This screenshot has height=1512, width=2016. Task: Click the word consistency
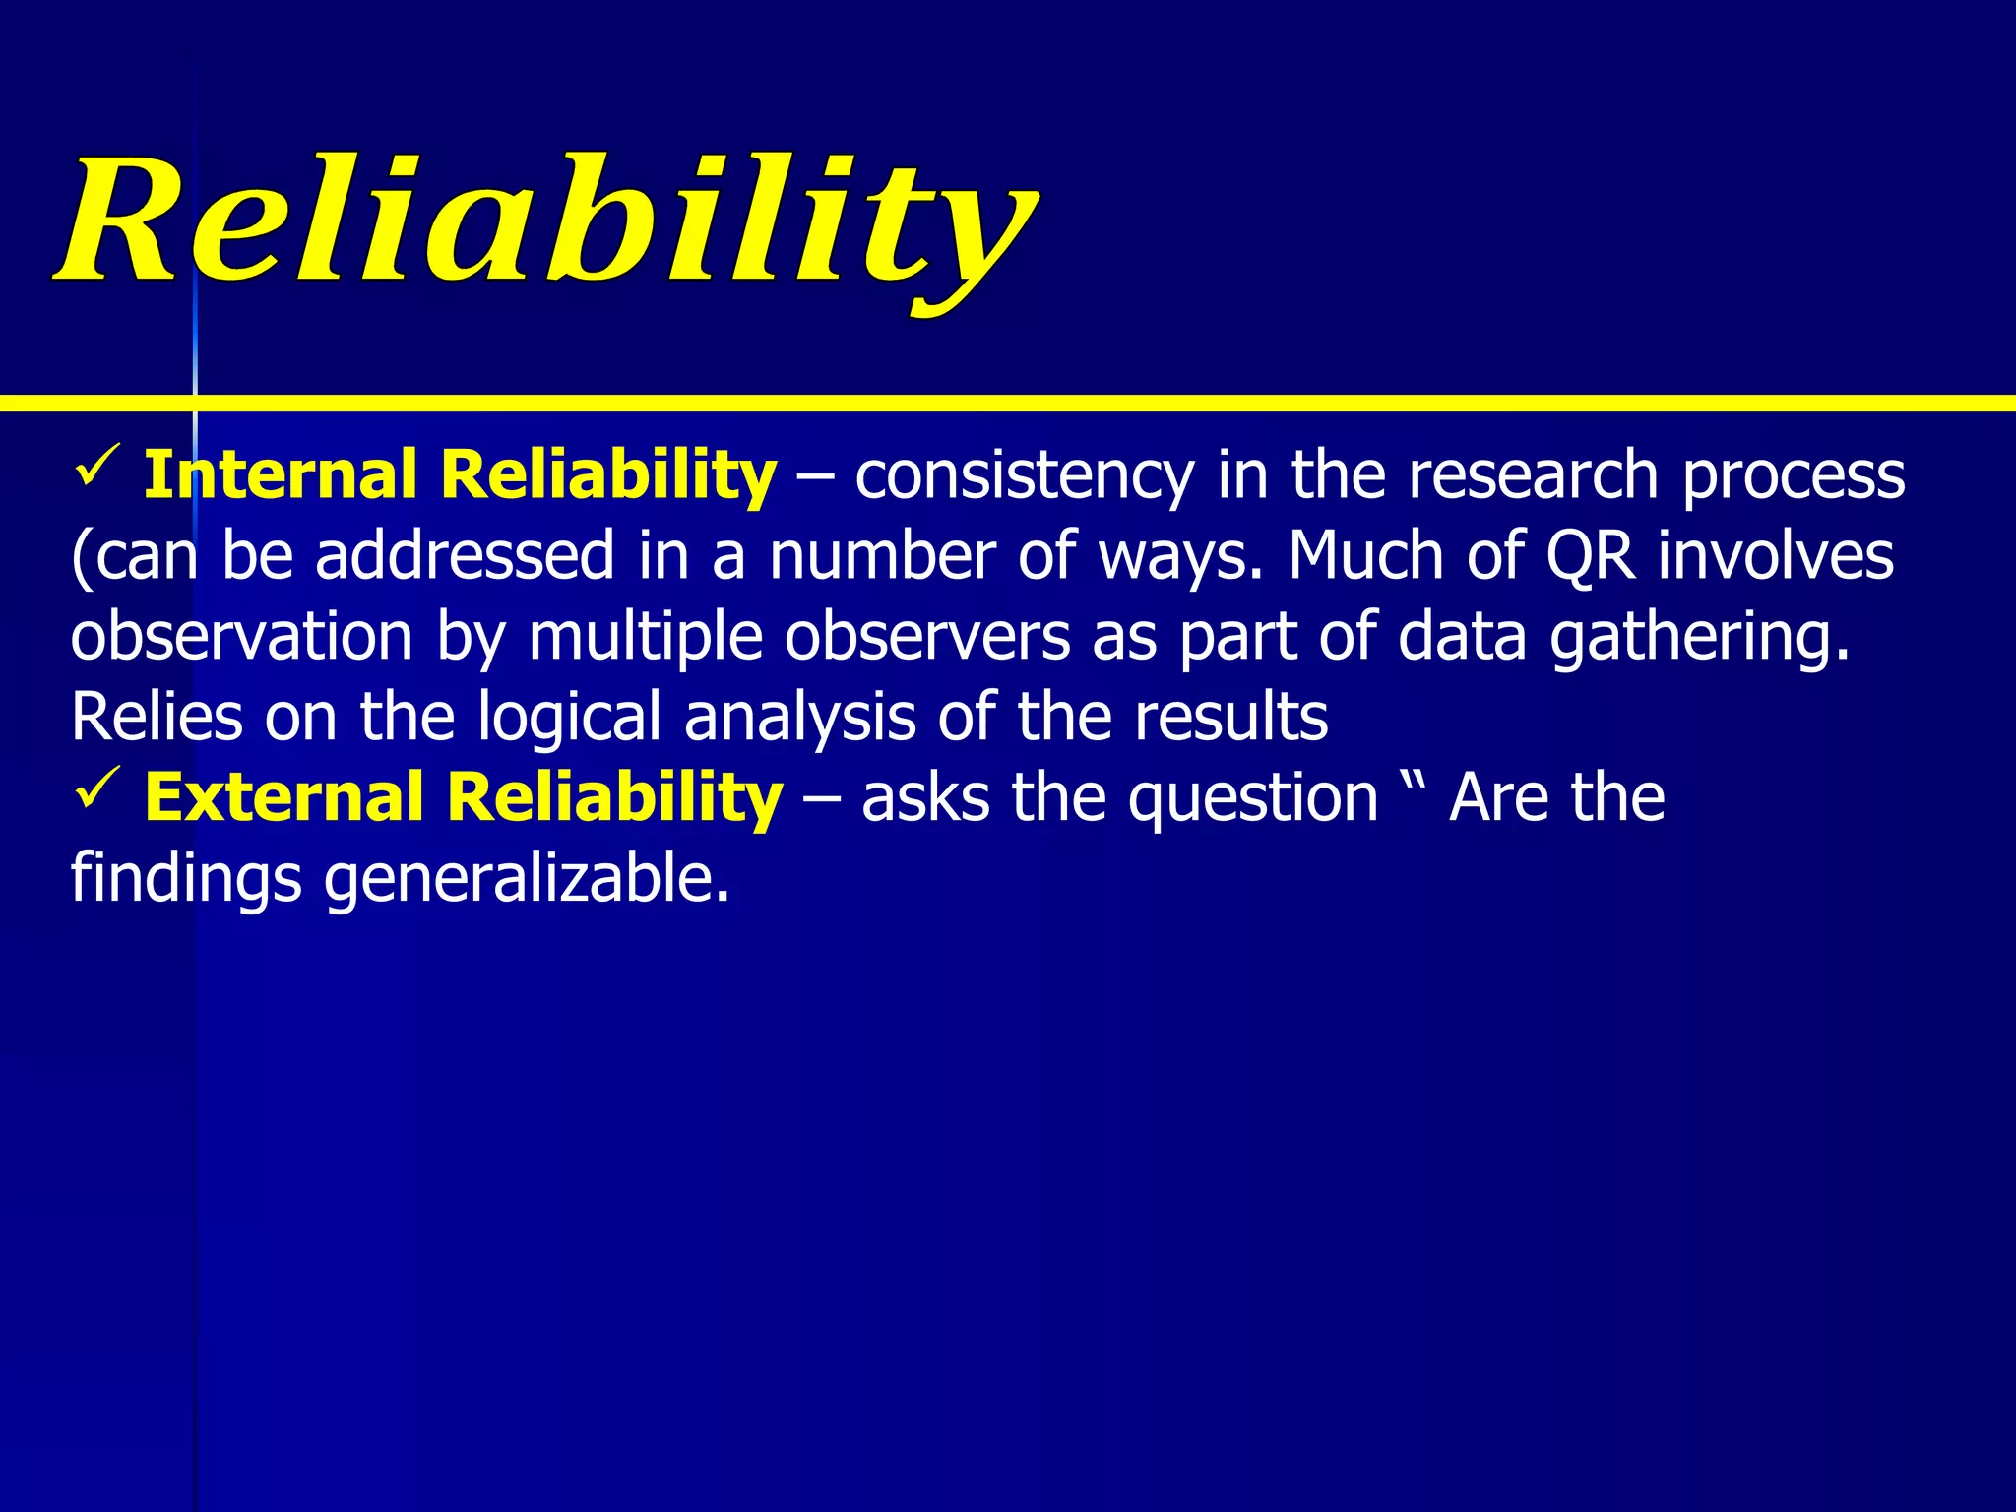[x=1024, y=476]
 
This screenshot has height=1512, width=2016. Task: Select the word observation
[x=241, y=637]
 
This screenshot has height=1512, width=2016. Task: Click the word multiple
[x=645, y=637]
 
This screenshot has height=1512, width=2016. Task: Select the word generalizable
[x=527, y=879]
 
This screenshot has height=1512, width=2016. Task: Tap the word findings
[x=186, y=879]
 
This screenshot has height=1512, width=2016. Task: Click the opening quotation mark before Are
[x=1417, y=773]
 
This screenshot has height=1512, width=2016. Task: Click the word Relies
[x=157, y=718]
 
